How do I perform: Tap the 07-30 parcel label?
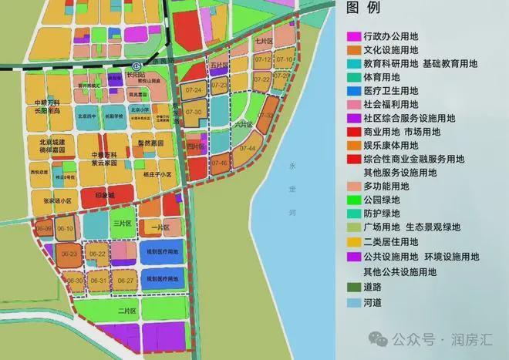[194, 113]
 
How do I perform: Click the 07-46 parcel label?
[220, 163]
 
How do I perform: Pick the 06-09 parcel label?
[44, 229]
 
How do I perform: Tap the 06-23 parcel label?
[68, 254]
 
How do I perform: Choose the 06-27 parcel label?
[126, 281]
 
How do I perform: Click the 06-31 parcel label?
[98, 281]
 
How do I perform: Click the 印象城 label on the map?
[103, 197]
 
